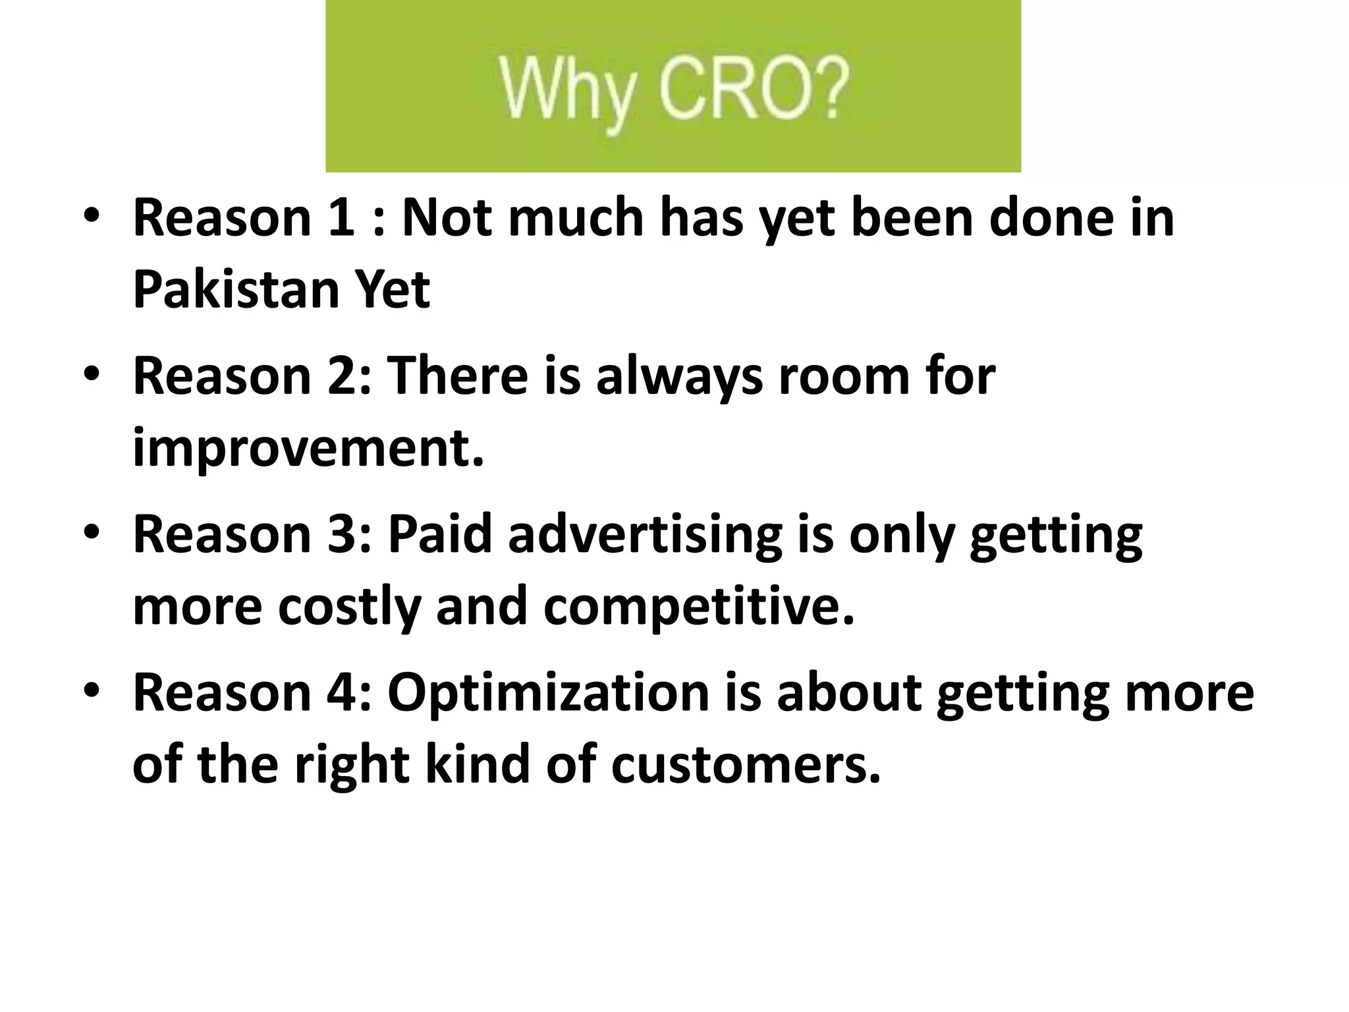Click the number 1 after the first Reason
[341, 218]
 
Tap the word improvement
[308, 447]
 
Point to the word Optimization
[548, 692]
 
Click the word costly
[348, 605]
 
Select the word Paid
[439, 534]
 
